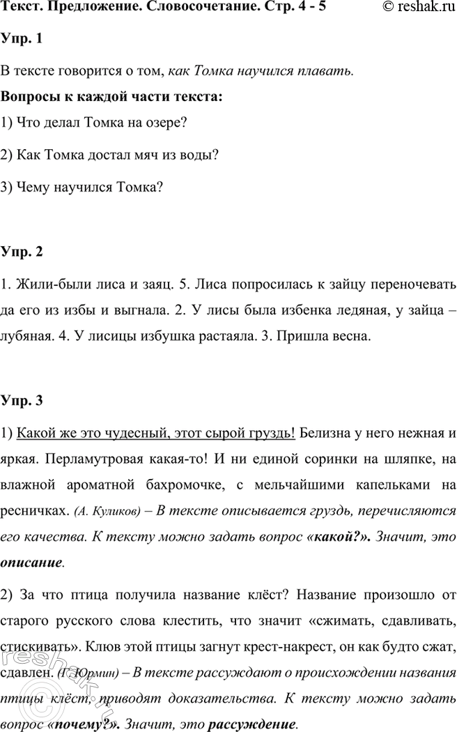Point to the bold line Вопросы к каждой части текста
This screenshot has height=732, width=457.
point(112,96)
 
